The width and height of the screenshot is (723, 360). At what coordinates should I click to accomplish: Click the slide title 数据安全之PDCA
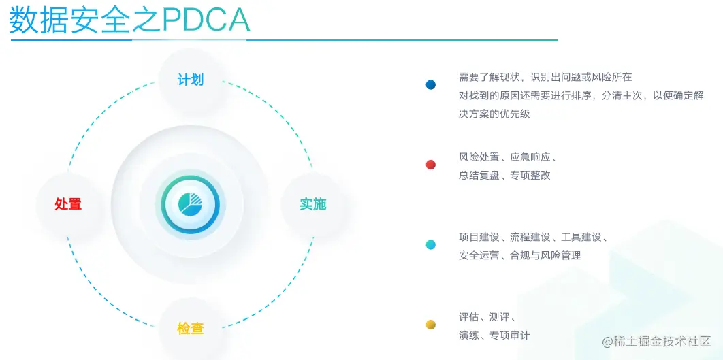click(x=129, y=20)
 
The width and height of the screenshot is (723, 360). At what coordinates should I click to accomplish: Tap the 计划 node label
click(x=191, y=80)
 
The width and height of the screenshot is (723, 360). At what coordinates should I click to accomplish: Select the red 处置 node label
click(x=68, y=203)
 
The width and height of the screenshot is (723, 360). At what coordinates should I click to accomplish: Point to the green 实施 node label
click(x=313, y=203)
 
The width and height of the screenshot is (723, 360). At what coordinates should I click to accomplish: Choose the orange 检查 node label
click(x=191, y=329)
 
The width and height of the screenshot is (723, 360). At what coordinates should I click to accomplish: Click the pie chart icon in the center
click(x=191, y=204)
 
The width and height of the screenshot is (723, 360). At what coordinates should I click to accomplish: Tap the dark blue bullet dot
click(x=431, y=85)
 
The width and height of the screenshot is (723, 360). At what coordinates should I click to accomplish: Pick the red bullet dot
click(x=431, y=165)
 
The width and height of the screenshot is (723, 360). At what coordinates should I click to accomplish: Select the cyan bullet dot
click(x=431, y=245)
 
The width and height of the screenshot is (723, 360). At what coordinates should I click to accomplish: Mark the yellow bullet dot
click(x=431, y=325)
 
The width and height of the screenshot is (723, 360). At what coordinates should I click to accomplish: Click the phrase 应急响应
click(x=530, y=157)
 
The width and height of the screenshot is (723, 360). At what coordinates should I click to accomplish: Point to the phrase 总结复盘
click(x=479, y=176)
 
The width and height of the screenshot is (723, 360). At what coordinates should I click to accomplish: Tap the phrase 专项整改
click(x=530, y=176)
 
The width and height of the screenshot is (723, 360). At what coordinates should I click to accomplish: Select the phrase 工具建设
click(x=581, y=238)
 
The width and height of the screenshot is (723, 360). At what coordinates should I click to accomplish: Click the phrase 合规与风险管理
click(x=545, y=255)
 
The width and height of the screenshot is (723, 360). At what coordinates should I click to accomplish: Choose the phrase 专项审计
click(x=510, y=336)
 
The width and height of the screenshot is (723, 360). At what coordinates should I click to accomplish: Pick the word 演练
click(x=469, y=336)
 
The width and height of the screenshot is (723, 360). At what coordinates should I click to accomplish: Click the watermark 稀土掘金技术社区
click(x=656, y=342)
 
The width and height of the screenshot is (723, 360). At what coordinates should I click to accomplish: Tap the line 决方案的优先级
click(x=494, y=114)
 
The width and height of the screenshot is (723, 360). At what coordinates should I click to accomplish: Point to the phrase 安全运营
click(x=479, y=255)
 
